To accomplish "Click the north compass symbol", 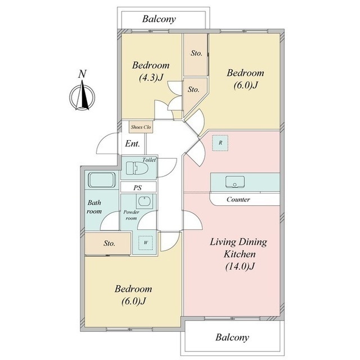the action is tap(82, 97).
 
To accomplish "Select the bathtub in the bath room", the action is tap(102, 180).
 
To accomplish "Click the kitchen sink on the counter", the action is tap(235, 182).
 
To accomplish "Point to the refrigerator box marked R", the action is tap(220, 143).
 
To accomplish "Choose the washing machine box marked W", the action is tap(146, 242).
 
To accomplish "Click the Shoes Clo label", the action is tap(141, 127).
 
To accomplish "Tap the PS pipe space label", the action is tap(137, 187).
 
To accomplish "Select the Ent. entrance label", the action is tap(133, 144).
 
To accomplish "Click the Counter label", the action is tap(238, 199).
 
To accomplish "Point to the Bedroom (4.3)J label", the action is tap(151, 71).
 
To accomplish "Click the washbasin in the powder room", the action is tap(144, 201).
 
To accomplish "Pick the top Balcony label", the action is tap(159, 19).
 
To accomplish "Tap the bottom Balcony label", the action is tap(232, 337).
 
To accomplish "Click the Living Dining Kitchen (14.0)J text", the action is tap(238, 254).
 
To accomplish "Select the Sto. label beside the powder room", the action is tap(109, 243).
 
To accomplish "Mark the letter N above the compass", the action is tap(83, 74).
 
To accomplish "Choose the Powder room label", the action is tap(131, 215).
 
